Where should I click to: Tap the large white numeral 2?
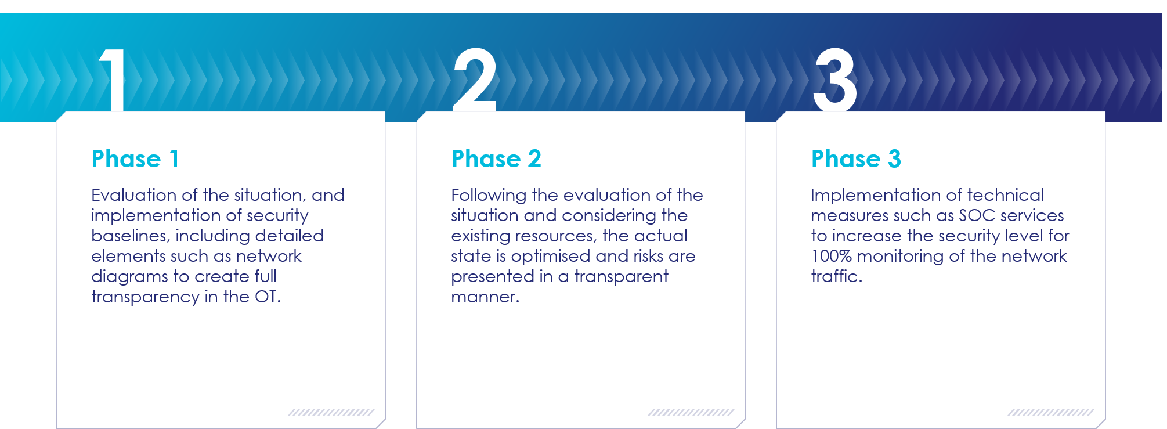pyautogui.click(x=475, y=80)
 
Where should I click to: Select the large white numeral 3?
pyautogui.click(x=835, y=80)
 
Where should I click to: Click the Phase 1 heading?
pyautogui.click(x=135, y=159)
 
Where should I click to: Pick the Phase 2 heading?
pyautogui.click(x=496, y=159)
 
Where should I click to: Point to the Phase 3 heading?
pyautogui.click(x=856, y=159)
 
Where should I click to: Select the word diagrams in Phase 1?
pyautogui.click(x=130, y=277)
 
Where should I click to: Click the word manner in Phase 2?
pyautogui.click(x=483, y=297)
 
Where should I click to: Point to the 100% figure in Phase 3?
pyautogui.click(x=832, y=256)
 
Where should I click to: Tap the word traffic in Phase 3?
pyautogui.click(x=834, y=276)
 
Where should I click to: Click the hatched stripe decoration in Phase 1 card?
pyautogui.click(x=331, y=413)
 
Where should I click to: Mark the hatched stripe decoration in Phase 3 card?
pyautogui.click(x=1050, y=413)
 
